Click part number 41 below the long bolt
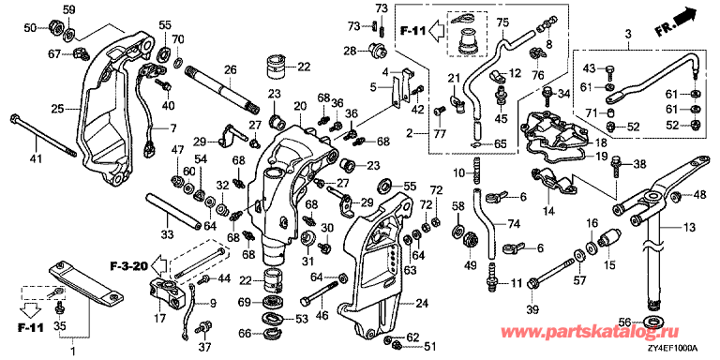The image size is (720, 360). (x=36, y=159)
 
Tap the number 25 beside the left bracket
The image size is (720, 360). (x=57, y=110)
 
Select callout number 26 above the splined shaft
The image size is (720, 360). (x=230, y=69)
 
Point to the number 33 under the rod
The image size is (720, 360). (x=167, y=235)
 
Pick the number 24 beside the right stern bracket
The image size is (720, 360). (x=421, y=303)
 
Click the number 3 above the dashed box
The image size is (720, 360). (x=628, y=33)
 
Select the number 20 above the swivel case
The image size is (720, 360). (x=300, y=106)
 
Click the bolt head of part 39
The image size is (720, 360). (x=532, y=284)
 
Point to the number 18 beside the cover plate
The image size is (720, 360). (x=601, y=142)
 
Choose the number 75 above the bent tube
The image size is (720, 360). (x=502, y=22)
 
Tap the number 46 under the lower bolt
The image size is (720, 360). (x=322, y=315)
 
